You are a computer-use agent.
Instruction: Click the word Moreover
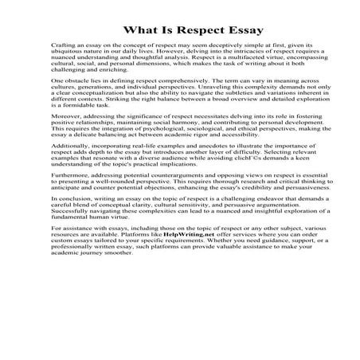(66, 148)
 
